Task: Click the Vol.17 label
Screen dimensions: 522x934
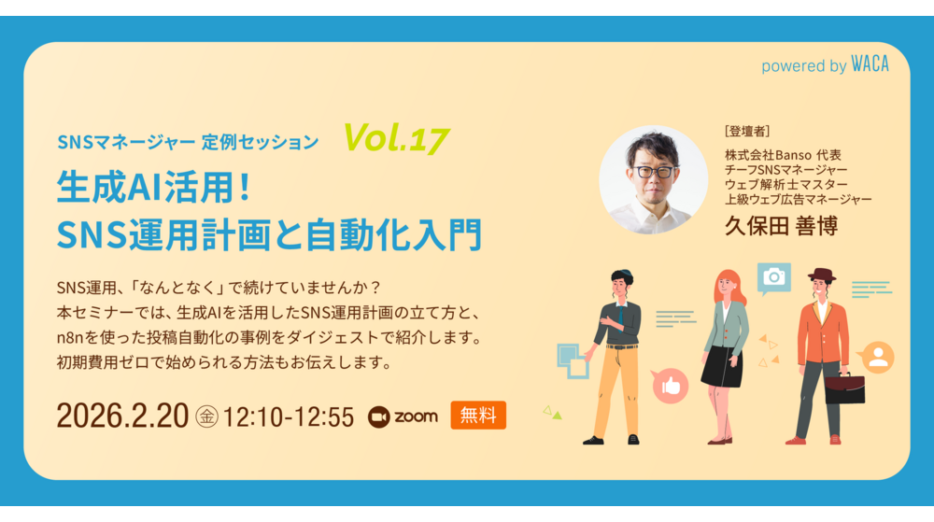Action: (x=397, y=138)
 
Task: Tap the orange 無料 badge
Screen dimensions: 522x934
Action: (x=477, y=415)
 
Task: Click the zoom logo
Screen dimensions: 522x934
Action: (x=403, y=416)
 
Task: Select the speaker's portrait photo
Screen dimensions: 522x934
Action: (x=653, y=179)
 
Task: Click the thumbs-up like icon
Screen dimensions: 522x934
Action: (x=670, y=384)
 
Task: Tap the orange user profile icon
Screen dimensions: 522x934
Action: (x=877, y=357)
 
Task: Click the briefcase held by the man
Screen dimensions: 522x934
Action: (x=844, y=387)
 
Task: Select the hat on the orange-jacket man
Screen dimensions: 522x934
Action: (x=821, y=275)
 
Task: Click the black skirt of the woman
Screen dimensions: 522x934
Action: (x=722, y=366)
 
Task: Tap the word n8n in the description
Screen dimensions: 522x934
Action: (x=72, y=336)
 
